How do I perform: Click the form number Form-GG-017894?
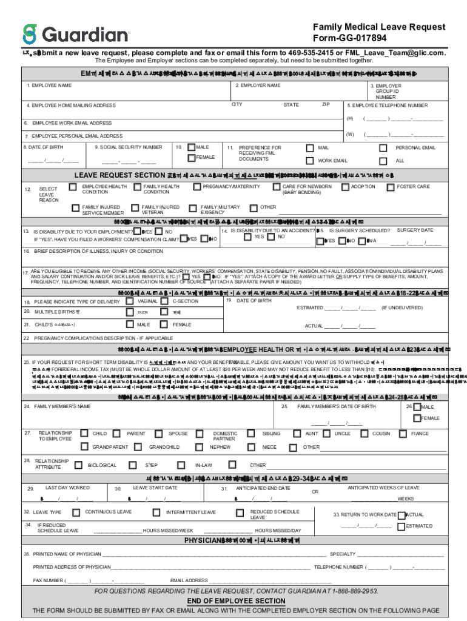[378, 38]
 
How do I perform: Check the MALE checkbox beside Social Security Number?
[191, 147]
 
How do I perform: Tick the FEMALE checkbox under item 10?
[191, 158]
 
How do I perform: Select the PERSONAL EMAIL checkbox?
[383, 147]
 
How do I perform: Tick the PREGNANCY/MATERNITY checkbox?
[198, 187]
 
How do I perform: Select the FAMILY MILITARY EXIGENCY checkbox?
[193, 207]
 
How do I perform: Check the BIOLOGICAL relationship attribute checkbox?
[78, 465]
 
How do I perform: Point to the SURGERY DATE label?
[415, 230]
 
